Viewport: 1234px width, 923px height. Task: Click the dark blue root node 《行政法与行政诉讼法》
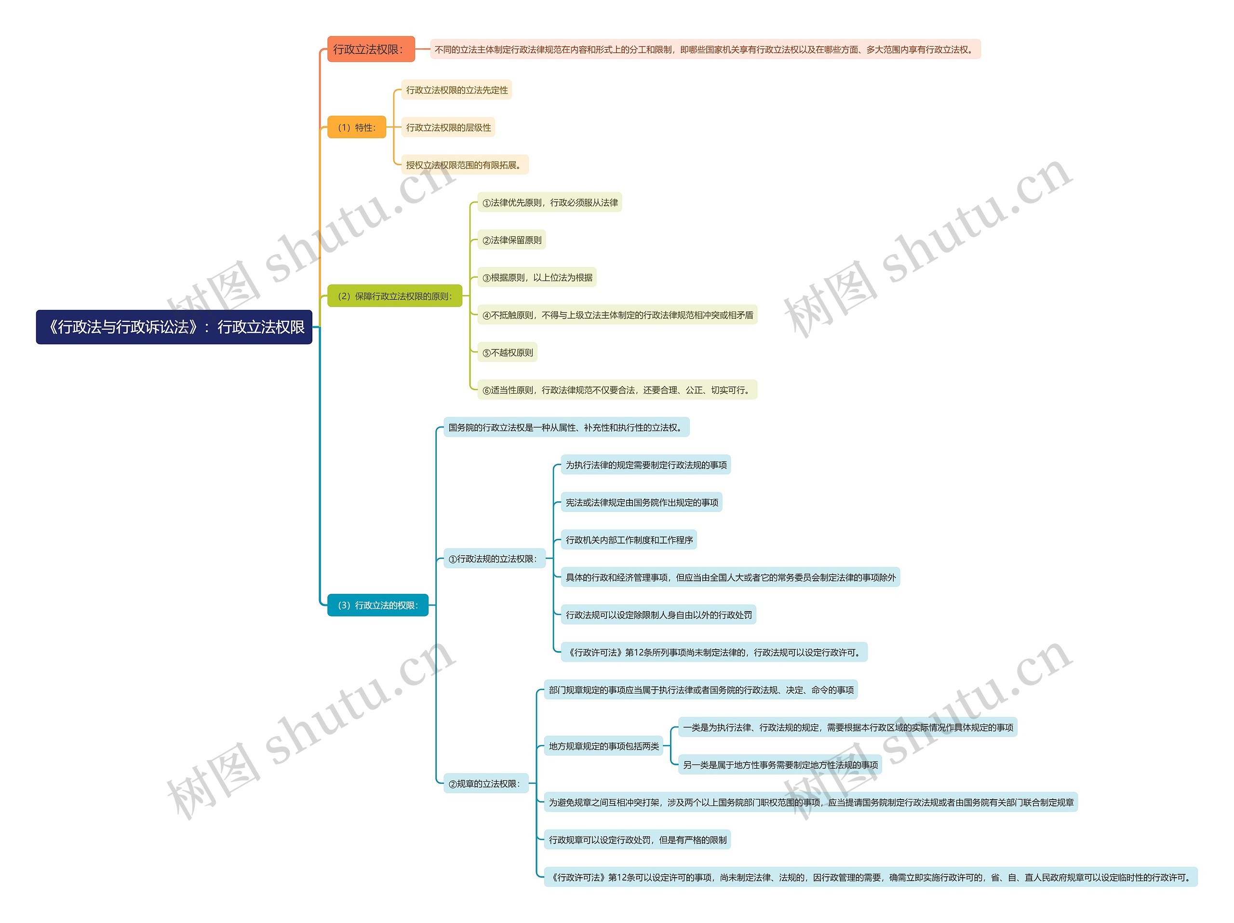click(x=174, y=327)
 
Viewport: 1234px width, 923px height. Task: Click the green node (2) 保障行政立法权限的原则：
click(x=394, y=296)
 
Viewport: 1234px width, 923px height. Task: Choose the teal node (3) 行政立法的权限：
click(x=378, y=605)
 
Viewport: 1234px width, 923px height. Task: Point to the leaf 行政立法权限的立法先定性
click(x=456, y=90)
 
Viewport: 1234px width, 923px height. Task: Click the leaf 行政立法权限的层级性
click(x=448, y=127)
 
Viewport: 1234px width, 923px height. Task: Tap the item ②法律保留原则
click(x=511, y=240)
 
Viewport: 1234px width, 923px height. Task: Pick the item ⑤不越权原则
click(x=507, y=352)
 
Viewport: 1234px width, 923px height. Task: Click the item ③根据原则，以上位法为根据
click(x=537, y=277)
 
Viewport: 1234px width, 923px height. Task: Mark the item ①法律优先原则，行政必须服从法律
click(x=550, y=202)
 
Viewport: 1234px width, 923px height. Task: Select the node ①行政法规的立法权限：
click(x=494, y=559)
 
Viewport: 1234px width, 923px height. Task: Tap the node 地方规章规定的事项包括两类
click(x=603, y=746)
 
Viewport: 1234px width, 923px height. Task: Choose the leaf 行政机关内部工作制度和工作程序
click(x=629, y=540)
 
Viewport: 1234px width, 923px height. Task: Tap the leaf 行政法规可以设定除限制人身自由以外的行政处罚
click(x=658, y=615)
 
